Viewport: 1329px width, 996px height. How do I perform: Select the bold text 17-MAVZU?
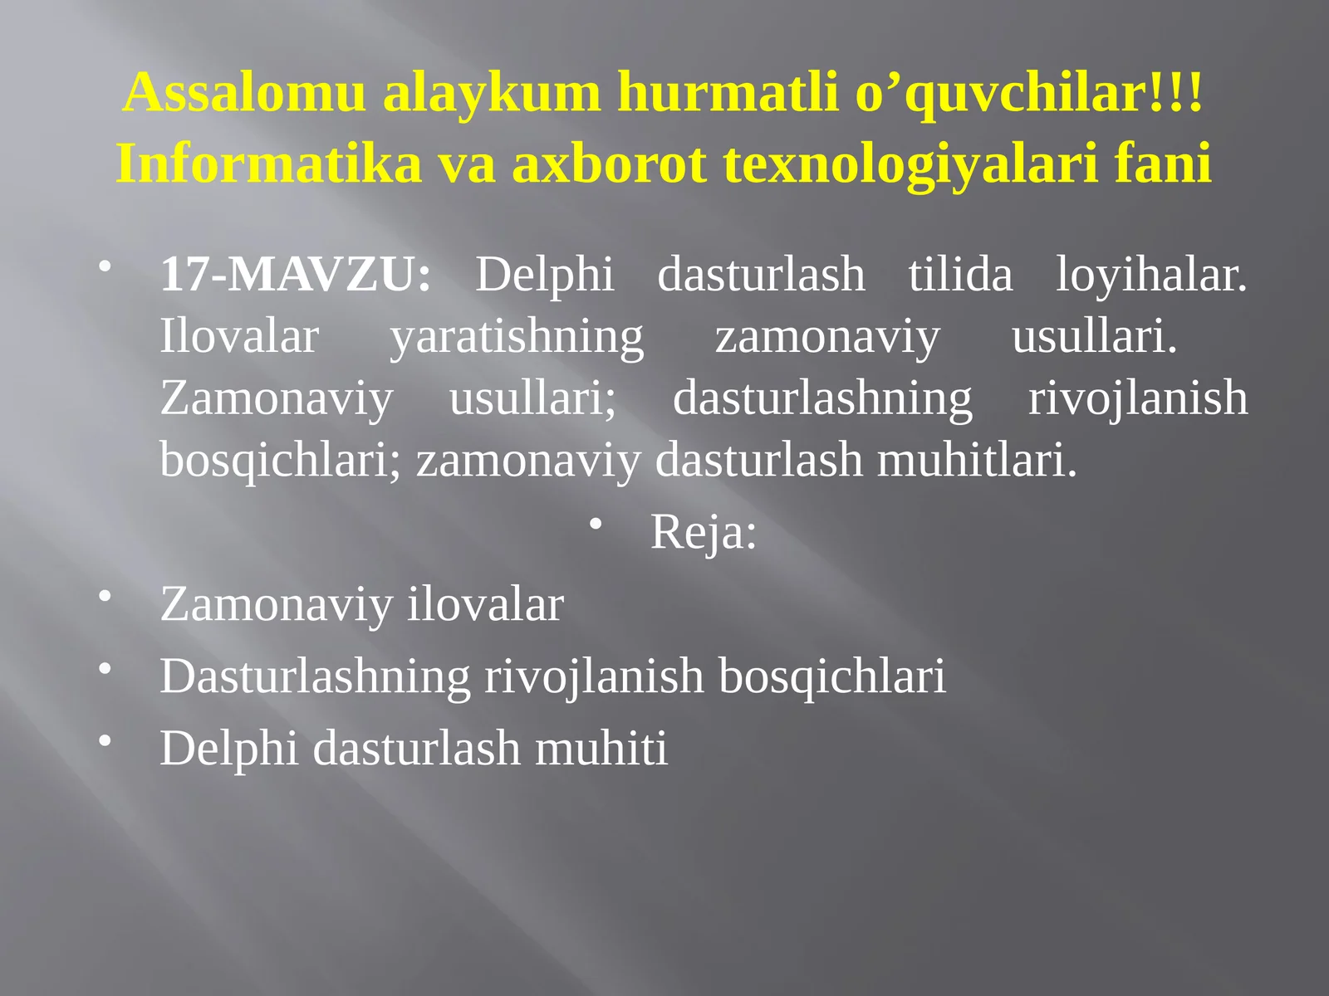click(296, 275)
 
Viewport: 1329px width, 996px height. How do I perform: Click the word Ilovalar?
click(239, 337)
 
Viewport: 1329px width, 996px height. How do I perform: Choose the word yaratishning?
click(517, 337)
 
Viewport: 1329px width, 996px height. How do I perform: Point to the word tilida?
click(960, 275)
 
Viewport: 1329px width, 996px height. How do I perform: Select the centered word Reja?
click(704, 532)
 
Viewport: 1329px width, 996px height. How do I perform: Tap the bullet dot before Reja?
click(596, 524)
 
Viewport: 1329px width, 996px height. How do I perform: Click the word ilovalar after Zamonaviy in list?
click(485, 604)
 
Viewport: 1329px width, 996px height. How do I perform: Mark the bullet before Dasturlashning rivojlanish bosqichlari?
click(105, 668)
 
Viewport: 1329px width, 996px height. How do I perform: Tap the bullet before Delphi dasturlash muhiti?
click(105, 740)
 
